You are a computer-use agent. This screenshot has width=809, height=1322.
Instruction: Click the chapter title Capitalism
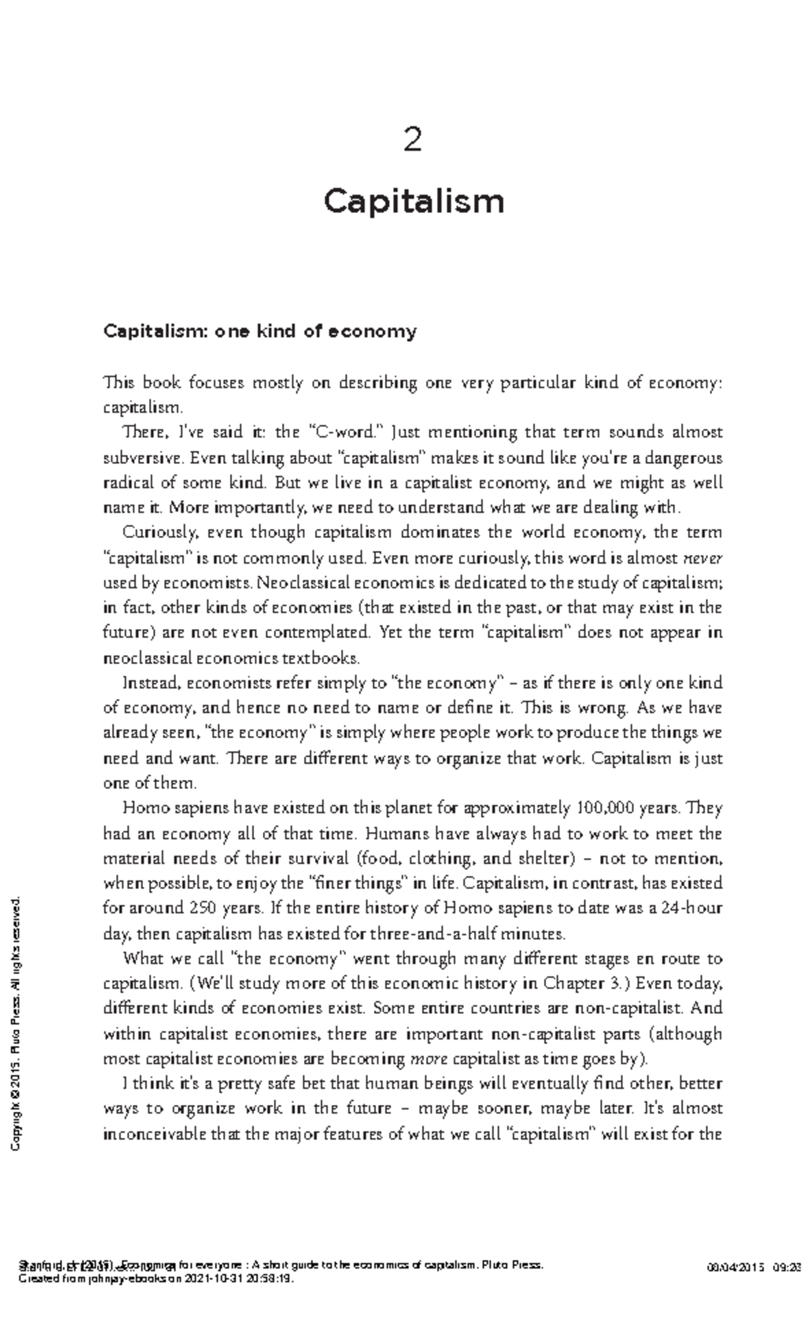pyautogui.click(x=413, y=201)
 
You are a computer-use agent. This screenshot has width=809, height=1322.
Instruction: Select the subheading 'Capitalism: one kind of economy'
pyautogui.click(x=260, y=331)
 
